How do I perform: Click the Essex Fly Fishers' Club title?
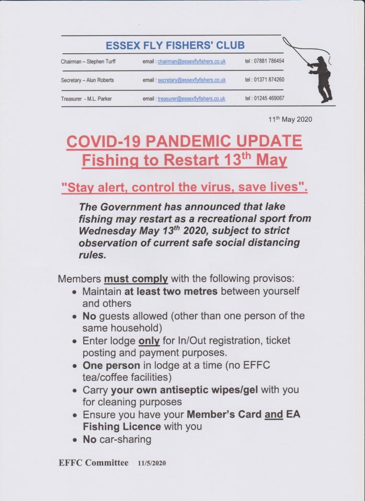175,45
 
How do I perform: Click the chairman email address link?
191,62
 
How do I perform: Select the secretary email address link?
191,80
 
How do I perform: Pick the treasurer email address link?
191,98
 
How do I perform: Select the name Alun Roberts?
99,80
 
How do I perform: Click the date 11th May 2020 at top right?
290,119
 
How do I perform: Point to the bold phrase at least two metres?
171,291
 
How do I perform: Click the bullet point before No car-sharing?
75,440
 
